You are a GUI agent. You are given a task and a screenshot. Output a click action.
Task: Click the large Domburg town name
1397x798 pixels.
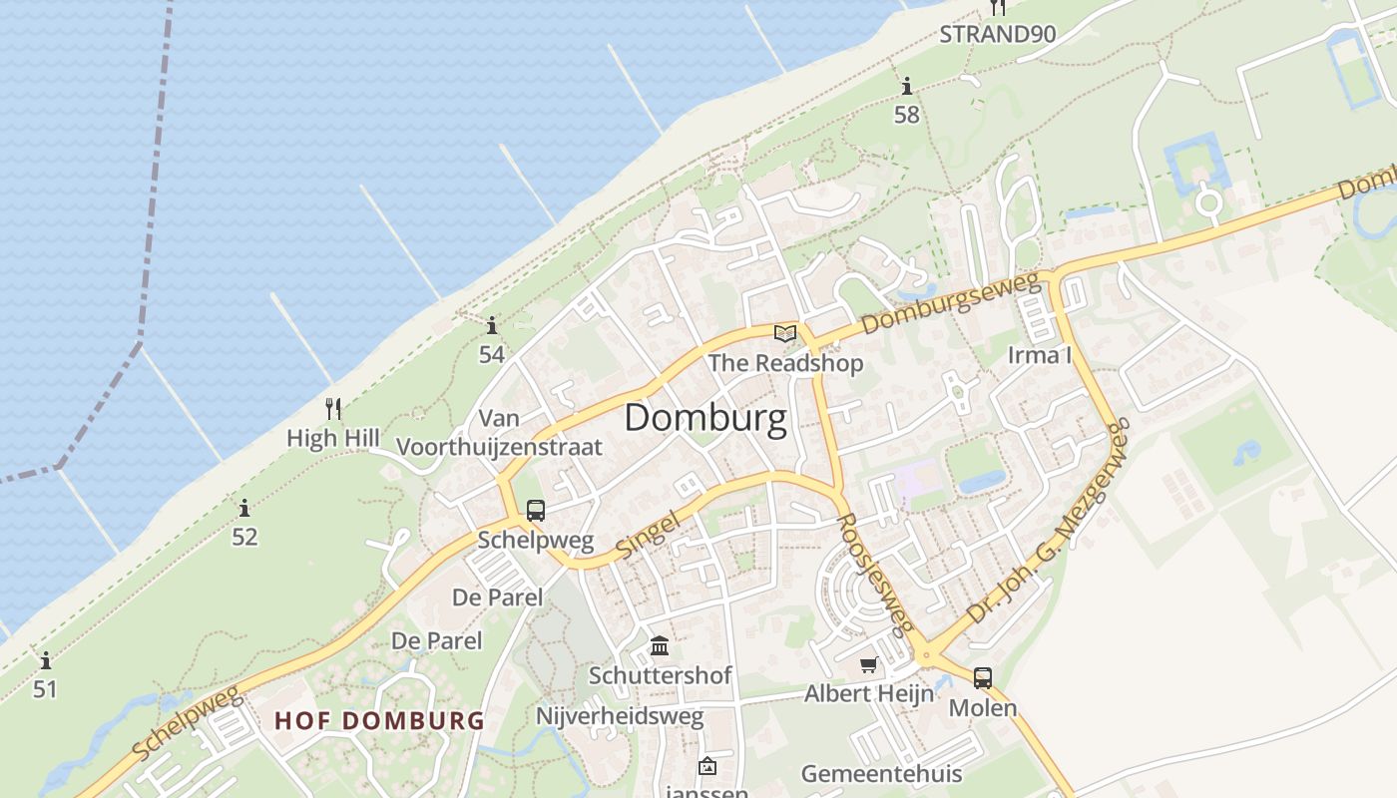pyautogui.click(x=705, y=418)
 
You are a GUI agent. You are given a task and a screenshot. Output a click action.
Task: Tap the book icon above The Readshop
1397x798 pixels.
pyautogui.click(x=785, y=333)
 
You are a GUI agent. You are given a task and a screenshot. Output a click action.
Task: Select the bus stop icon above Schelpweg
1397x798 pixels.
pyautogui.click(x=535, y=511)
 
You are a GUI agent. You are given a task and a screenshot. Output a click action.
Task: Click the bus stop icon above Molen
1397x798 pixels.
pyautogui.click(x=982, y=678)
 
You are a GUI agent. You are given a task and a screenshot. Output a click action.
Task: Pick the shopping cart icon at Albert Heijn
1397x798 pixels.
pyautogui.click(x=868, y=664)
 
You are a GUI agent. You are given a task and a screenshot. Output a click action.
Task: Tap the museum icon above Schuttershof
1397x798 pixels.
pyautogui.click(x=660, y=646)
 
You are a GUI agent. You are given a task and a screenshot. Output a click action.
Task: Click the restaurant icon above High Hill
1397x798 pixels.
pyautogui.click(x=333, y=408)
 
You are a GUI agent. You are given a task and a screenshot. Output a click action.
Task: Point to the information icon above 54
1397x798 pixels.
pyautogui.click(x=491, y=325)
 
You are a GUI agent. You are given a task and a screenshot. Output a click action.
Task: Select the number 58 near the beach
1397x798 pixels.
pyautogui.click(x=906, y=115)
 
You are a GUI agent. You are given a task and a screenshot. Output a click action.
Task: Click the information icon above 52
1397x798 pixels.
pyautogui.click(x=244, y=508)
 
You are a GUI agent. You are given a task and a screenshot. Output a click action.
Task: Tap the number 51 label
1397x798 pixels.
pyautogui.click(x=45, y=689)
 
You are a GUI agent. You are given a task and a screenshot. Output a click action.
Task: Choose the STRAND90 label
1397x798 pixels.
pyautogui.click(x=997, y=34)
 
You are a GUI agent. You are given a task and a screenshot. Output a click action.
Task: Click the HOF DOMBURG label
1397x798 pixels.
pyautogui.click(x=379, y=720)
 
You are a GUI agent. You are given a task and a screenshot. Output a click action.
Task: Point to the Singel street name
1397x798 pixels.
pyautogui.click(x=649, y=534)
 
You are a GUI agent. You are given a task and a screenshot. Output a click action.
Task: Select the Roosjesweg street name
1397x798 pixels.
pyautogui.click(x=875, y=575)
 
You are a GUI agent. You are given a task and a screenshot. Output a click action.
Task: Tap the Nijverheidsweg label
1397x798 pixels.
pyautogui.click(x=620, y=716)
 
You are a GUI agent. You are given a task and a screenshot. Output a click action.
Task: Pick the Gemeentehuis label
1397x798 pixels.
pyautogui.click(x=881, y=774)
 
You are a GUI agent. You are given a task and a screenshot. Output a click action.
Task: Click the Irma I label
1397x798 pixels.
pyautogui.click(x=1039, y=356)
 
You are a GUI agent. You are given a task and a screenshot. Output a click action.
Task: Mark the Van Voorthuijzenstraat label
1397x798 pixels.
pyautogui.click(x=500, y=433)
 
